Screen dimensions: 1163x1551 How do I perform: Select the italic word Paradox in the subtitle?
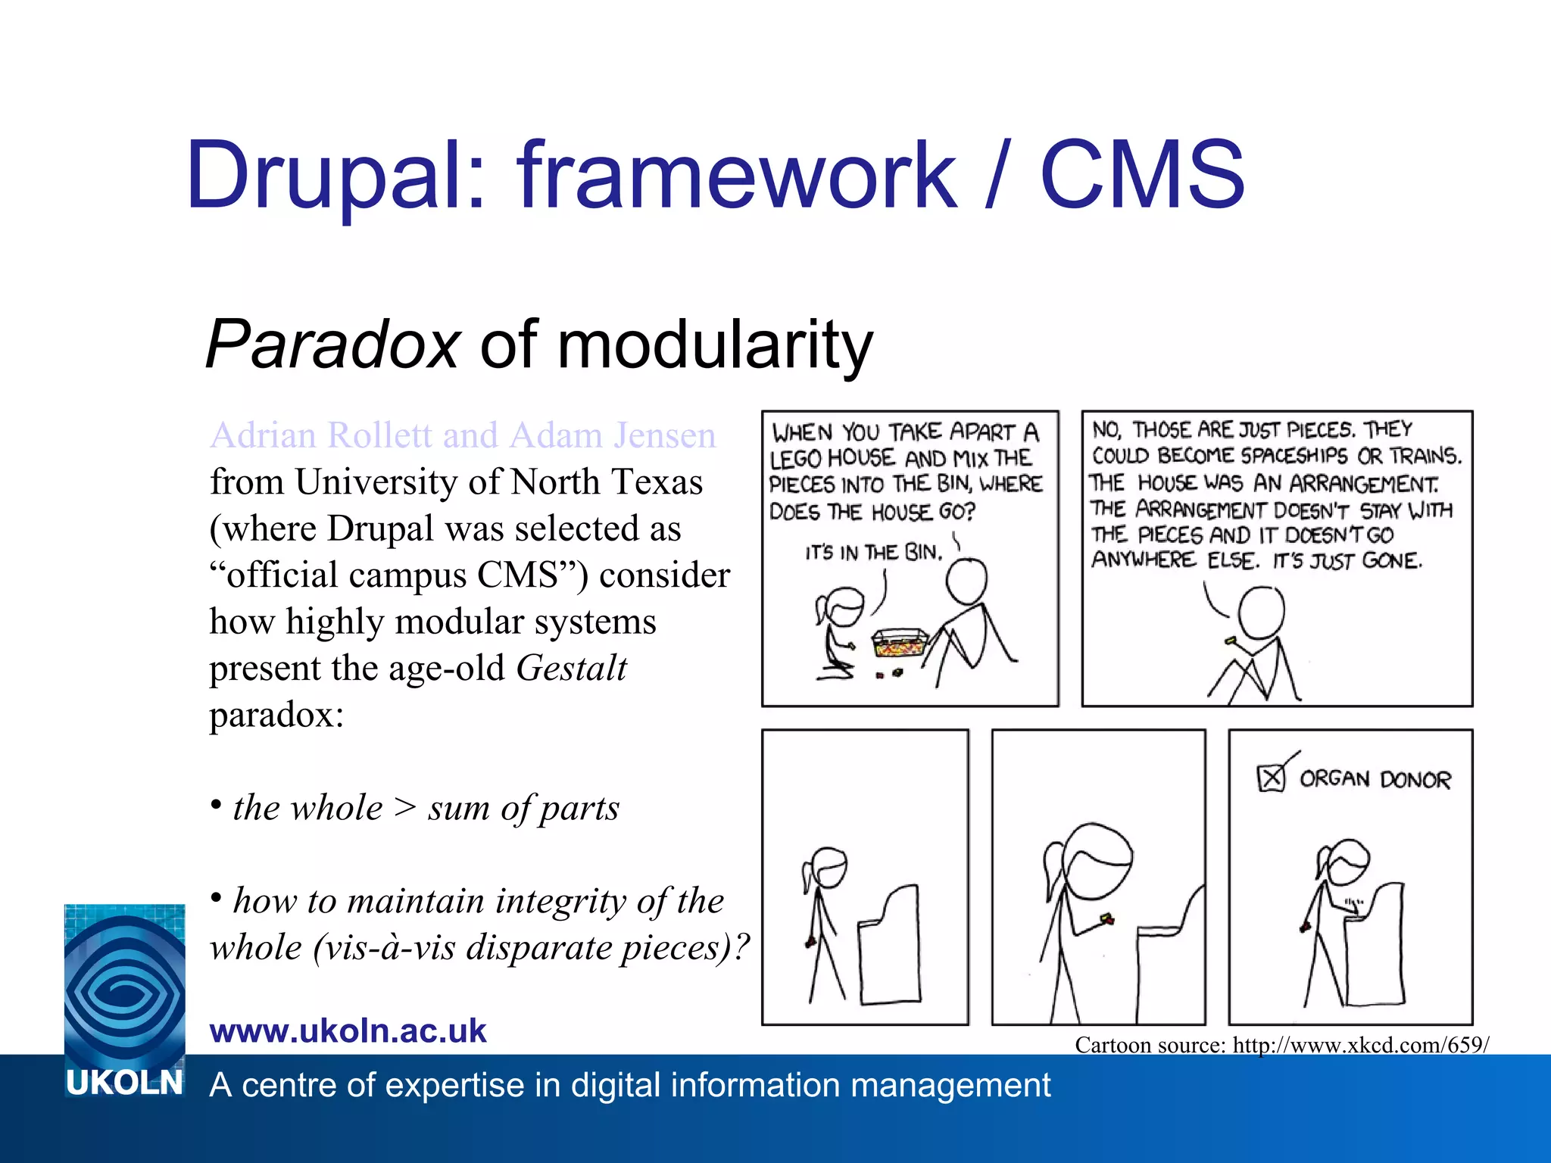point(332,345)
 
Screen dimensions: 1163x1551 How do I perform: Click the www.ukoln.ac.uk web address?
point(348,1030)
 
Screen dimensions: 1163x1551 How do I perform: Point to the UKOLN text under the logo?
point(124,1083)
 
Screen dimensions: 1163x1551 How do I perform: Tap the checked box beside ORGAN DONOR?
point(1271,778)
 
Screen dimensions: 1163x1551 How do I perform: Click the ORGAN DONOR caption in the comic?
point(1375,779)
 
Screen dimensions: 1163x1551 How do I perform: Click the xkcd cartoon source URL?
point(1360,1045)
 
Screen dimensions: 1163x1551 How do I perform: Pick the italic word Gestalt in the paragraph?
point(571,668)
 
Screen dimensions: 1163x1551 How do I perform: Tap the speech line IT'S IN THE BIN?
point(873,552)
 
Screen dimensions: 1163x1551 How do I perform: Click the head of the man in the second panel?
point(1261,613)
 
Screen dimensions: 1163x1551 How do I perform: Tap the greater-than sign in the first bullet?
point(405,807)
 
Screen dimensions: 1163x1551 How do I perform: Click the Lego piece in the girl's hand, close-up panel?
point(1106,920)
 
